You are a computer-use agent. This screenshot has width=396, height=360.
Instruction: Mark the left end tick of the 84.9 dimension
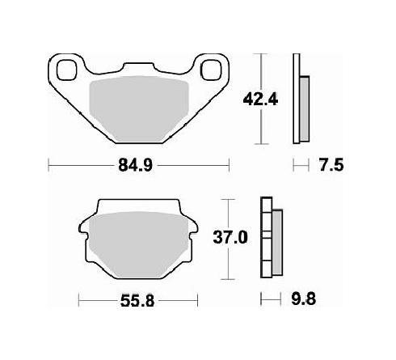point(50,167)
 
